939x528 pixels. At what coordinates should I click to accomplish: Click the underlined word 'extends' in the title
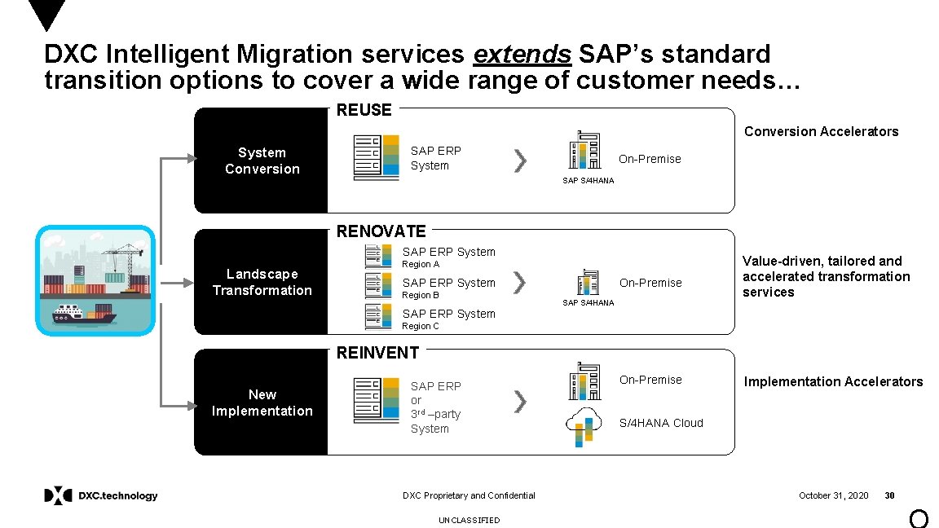[522, 55]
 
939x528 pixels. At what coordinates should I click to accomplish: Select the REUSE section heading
[364, 110]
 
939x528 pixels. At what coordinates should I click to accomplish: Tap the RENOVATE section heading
[381, 231]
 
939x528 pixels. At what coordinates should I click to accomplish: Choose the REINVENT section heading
[378, 353]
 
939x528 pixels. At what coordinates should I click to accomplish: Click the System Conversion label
[262, 161]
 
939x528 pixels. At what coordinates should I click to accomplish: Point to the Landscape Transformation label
[262, 282]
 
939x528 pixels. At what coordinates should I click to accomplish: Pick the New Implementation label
[262, 403]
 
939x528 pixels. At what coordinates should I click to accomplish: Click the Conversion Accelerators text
[821, 131]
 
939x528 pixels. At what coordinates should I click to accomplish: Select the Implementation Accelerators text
[833, 381]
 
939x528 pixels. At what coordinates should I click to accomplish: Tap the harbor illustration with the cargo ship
[96, 280]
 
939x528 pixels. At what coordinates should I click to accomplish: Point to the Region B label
[421, 295]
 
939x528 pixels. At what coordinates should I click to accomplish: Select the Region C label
[421, 326]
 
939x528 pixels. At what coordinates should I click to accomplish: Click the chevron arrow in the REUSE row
[520, 161]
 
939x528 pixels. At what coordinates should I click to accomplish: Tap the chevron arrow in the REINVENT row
[520, 401]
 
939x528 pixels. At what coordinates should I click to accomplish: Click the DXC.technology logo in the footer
[101, 495]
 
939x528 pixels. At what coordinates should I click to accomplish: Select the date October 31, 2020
[833, 495]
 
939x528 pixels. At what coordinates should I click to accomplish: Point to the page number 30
[890, 495]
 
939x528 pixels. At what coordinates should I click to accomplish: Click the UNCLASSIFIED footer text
[469, 520]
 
